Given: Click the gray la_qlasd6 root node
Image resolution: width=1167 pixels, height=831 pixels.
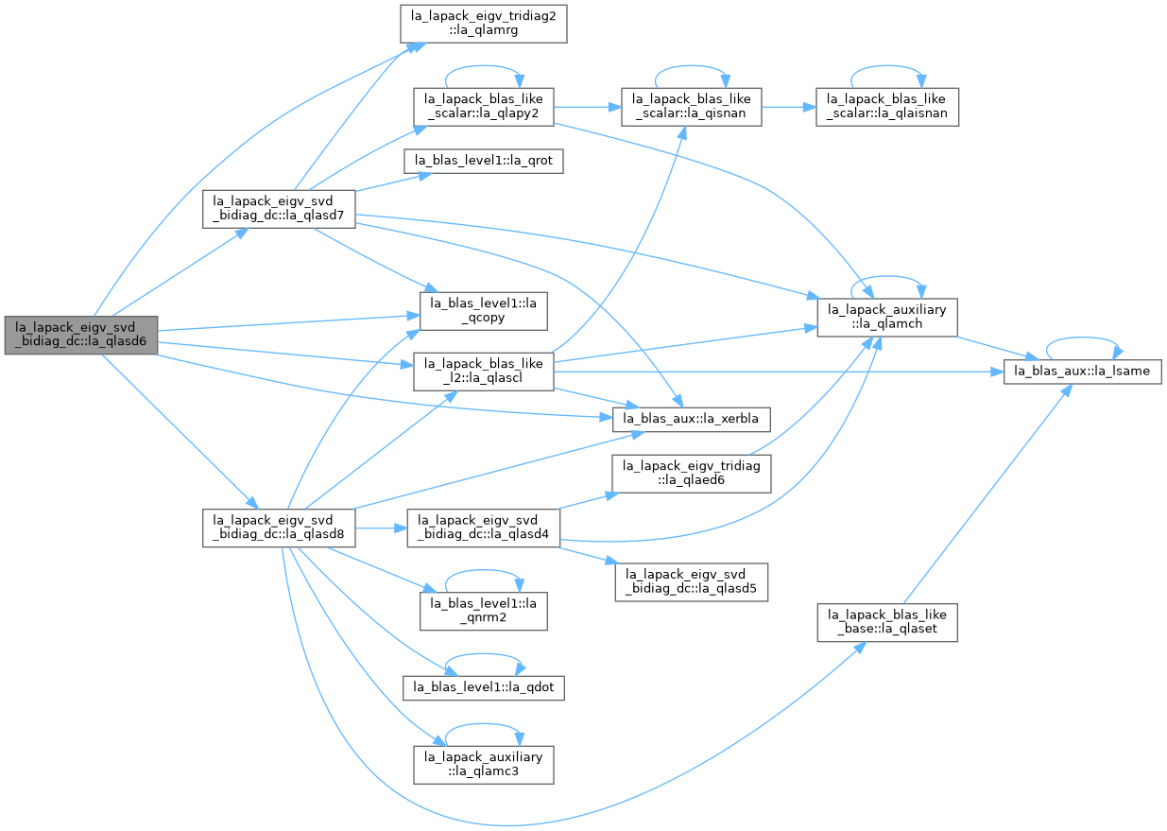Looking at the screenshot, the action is [80, 336].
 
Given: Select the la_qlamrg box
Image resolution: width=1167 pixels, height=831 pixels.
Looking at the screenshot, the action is [484, 24].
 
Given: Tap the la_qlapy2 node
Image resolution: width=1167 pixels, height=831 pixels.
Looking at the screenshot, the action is [484, 107].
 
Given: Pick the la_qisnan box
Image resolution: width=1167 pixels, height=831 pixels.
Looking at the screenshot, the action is [692, 107].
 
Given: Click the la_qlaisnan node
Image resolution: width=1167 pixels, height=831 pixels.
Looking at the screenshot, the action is [887, 107].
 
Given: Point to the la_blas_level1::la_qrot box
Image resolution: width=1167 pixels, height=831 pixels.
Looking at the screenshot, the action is [484, 161].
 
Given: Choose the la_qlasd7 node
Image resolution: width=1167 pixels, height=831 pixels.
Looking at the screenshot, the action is [279, 209].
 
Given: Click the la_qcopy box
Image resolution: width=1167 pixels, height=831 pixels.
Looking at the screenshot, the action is [484, 311].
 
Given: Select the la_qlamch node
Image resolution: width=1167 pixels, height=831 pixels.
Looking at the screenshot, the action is [887, 318].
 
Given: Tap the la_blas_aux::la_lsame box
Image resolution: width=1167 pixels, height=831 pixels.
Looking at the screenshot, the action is [1083, 372].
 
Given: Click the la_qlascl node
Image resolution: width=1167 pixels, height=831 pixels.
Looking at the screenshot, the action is [484, 372].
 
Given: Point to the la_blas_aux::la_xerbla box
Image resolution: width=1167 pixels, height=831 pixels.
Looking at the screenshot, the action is [692, 419].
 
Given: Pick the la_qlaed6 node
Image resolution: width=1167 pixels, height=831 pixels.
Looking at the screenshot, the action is [692, 474].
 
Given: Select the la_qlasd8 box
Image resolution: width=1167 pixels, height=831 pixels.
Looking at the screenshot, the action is [279, 528].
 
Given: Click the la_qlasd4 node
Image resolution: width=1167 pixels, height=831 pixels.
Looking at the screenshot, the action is [484, 528].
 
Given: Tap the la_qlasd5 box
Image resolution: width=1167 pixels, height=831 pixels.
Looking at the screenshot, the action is [692, 582].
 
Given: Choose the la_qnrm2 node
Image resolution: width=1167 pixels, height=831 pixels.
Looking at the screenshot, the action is [484, 611].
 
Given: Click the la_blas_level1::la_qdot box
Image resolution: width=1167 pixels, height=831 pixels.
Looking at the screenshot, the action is [484, 688].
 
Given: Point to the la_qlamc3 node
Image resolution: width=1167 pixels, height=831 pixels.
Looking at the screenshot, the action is [484, 765].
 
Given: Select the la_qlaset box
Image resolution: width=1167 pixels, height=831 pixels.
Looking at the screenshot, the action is [887, 622].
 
